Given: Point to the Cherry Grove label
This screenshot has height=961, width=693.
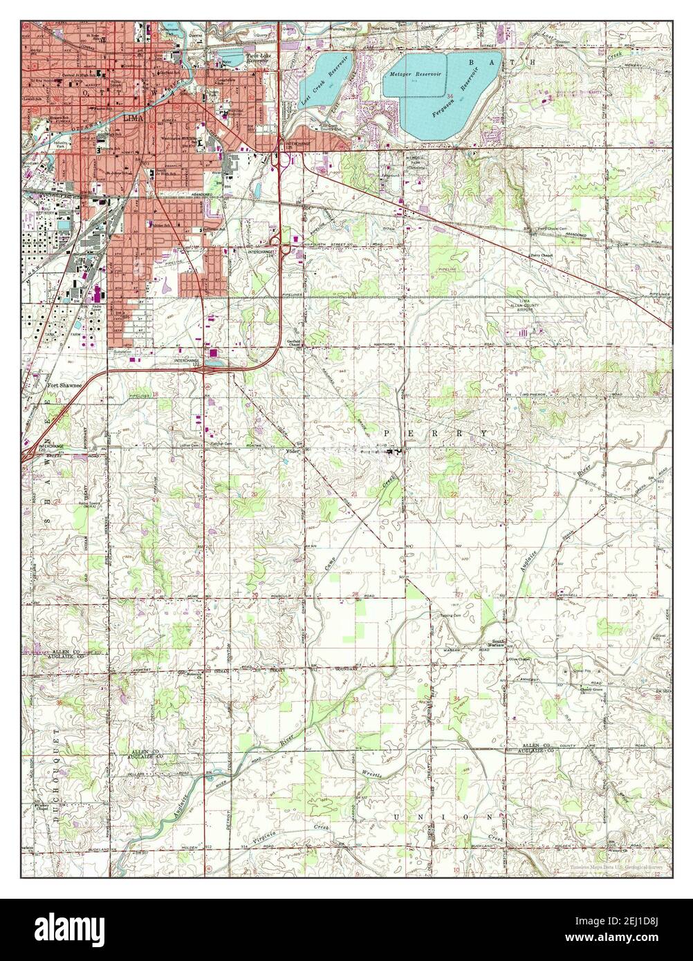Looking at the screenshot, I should [582, 680].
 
